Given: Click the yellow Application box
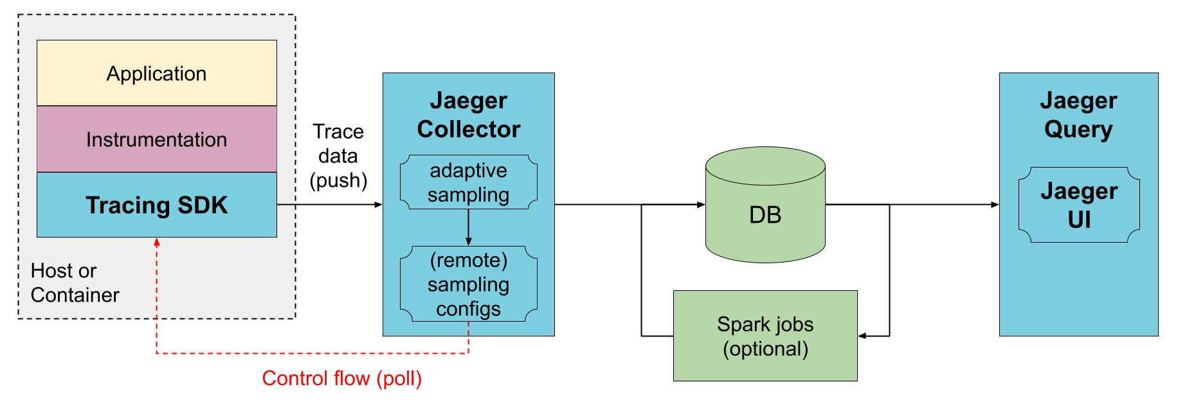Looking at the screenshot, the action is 157,73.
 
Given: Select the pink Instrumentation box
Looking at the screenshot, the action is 157,139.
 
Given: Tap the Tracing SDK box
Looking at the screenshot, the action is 157,205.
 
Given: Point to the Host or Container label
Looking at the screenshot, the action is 75,283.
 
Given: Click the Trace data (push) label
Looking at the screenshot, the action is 338,156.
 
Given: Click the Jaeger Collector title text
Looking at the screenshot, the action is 469,115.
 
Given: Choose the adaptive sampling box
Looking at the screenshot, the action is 469,182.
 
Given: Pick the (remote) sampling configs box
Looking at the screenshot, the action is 469,284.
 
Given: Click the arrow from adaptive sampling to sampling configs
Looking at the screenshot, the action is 469,227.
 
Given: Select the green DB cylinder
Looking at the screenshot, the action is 765,205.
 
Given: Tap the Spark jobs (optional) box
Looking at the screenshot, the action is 765,336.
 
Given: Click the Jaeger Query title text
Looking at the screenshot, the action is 1078,115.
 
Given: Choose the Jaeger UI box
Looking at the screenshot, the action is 1079,205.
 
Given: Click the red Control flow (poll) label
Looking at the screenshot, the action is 342,378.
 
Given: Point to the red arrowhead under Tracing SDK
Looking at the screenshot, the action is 157,242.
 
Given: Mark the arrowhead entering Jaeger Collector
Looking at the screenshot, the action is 379,205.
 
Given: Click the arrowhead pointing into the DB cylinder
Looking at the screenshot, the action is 702,205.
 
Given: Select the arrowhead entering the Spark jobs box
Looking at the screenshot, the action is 862,336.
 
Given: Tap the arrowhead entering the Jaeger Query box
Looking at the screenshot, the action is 995,205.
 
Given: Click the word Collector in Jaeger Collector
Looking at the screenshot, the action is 469,129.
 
